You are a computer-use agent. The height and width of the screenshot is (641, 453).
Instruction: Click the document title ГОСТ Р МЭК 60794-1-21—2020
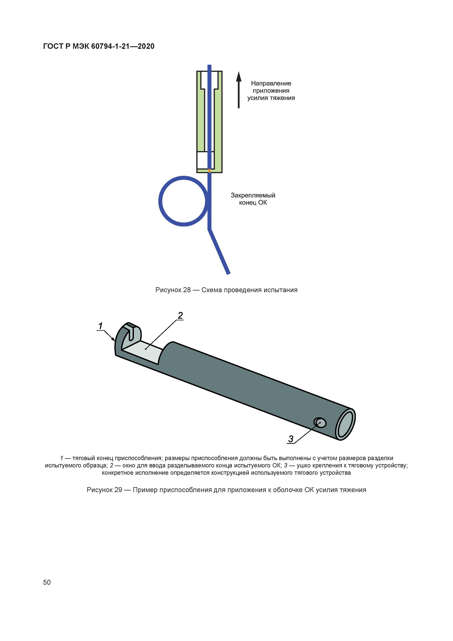click(99, 46)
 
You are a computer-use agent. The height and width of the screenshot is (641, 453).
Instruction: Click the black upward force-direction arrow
click(239, 90)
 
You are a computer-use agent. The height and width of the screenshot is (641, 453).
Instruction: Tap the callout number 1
click(100, 326)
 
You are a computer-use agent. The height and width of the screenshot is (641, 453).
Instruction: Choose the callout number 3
click(291, 439)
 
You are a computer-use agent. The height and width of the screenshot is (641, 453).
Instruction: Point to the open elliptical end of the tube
click(345, 425)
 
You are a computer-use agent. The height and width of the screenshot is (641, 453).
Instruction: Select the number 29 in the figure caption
click(118, 490)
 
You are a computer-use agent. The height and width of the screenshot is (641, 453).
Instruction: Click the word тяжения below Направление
click(282, 98)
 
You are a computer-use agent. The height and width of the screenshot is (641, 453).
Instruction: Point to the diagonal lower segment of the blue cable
click(219, 252)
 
